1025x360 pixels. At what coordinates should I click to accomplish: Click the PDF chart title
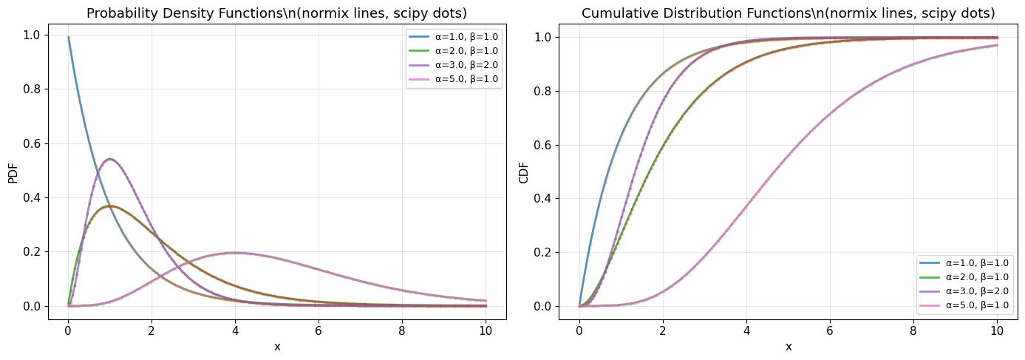277,13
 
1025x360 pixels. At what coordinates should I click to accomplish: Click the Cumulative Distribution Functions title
789,13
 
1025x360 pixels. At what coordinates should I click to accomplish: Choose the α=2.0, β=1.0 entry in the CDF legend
977,276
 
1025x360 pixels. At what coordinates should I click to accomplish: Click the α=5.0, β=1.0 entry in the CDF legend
977,305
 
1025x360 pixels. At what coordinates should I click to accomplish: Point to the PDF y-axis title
13,171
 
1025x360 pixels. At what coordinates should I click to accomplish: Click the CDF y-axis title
524,171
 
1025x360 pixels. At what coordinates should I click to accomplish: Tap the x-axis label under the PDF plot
277,346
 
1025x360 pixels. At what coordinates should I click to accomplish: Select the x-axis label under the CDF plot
789,346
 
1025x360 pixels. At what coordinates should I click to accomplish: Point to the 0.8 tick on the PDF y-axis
32,89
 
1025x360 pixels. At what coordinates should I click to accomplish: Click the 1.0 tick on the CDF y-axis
543,37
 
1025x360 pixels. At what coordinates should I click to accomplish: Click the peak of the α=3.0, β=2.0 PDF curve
109,159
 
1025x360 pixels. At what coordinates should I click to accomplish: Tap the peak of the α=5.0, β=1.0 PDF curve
234,253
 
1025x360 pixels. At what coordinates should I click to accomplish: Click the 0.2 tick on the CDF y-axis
543,252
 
